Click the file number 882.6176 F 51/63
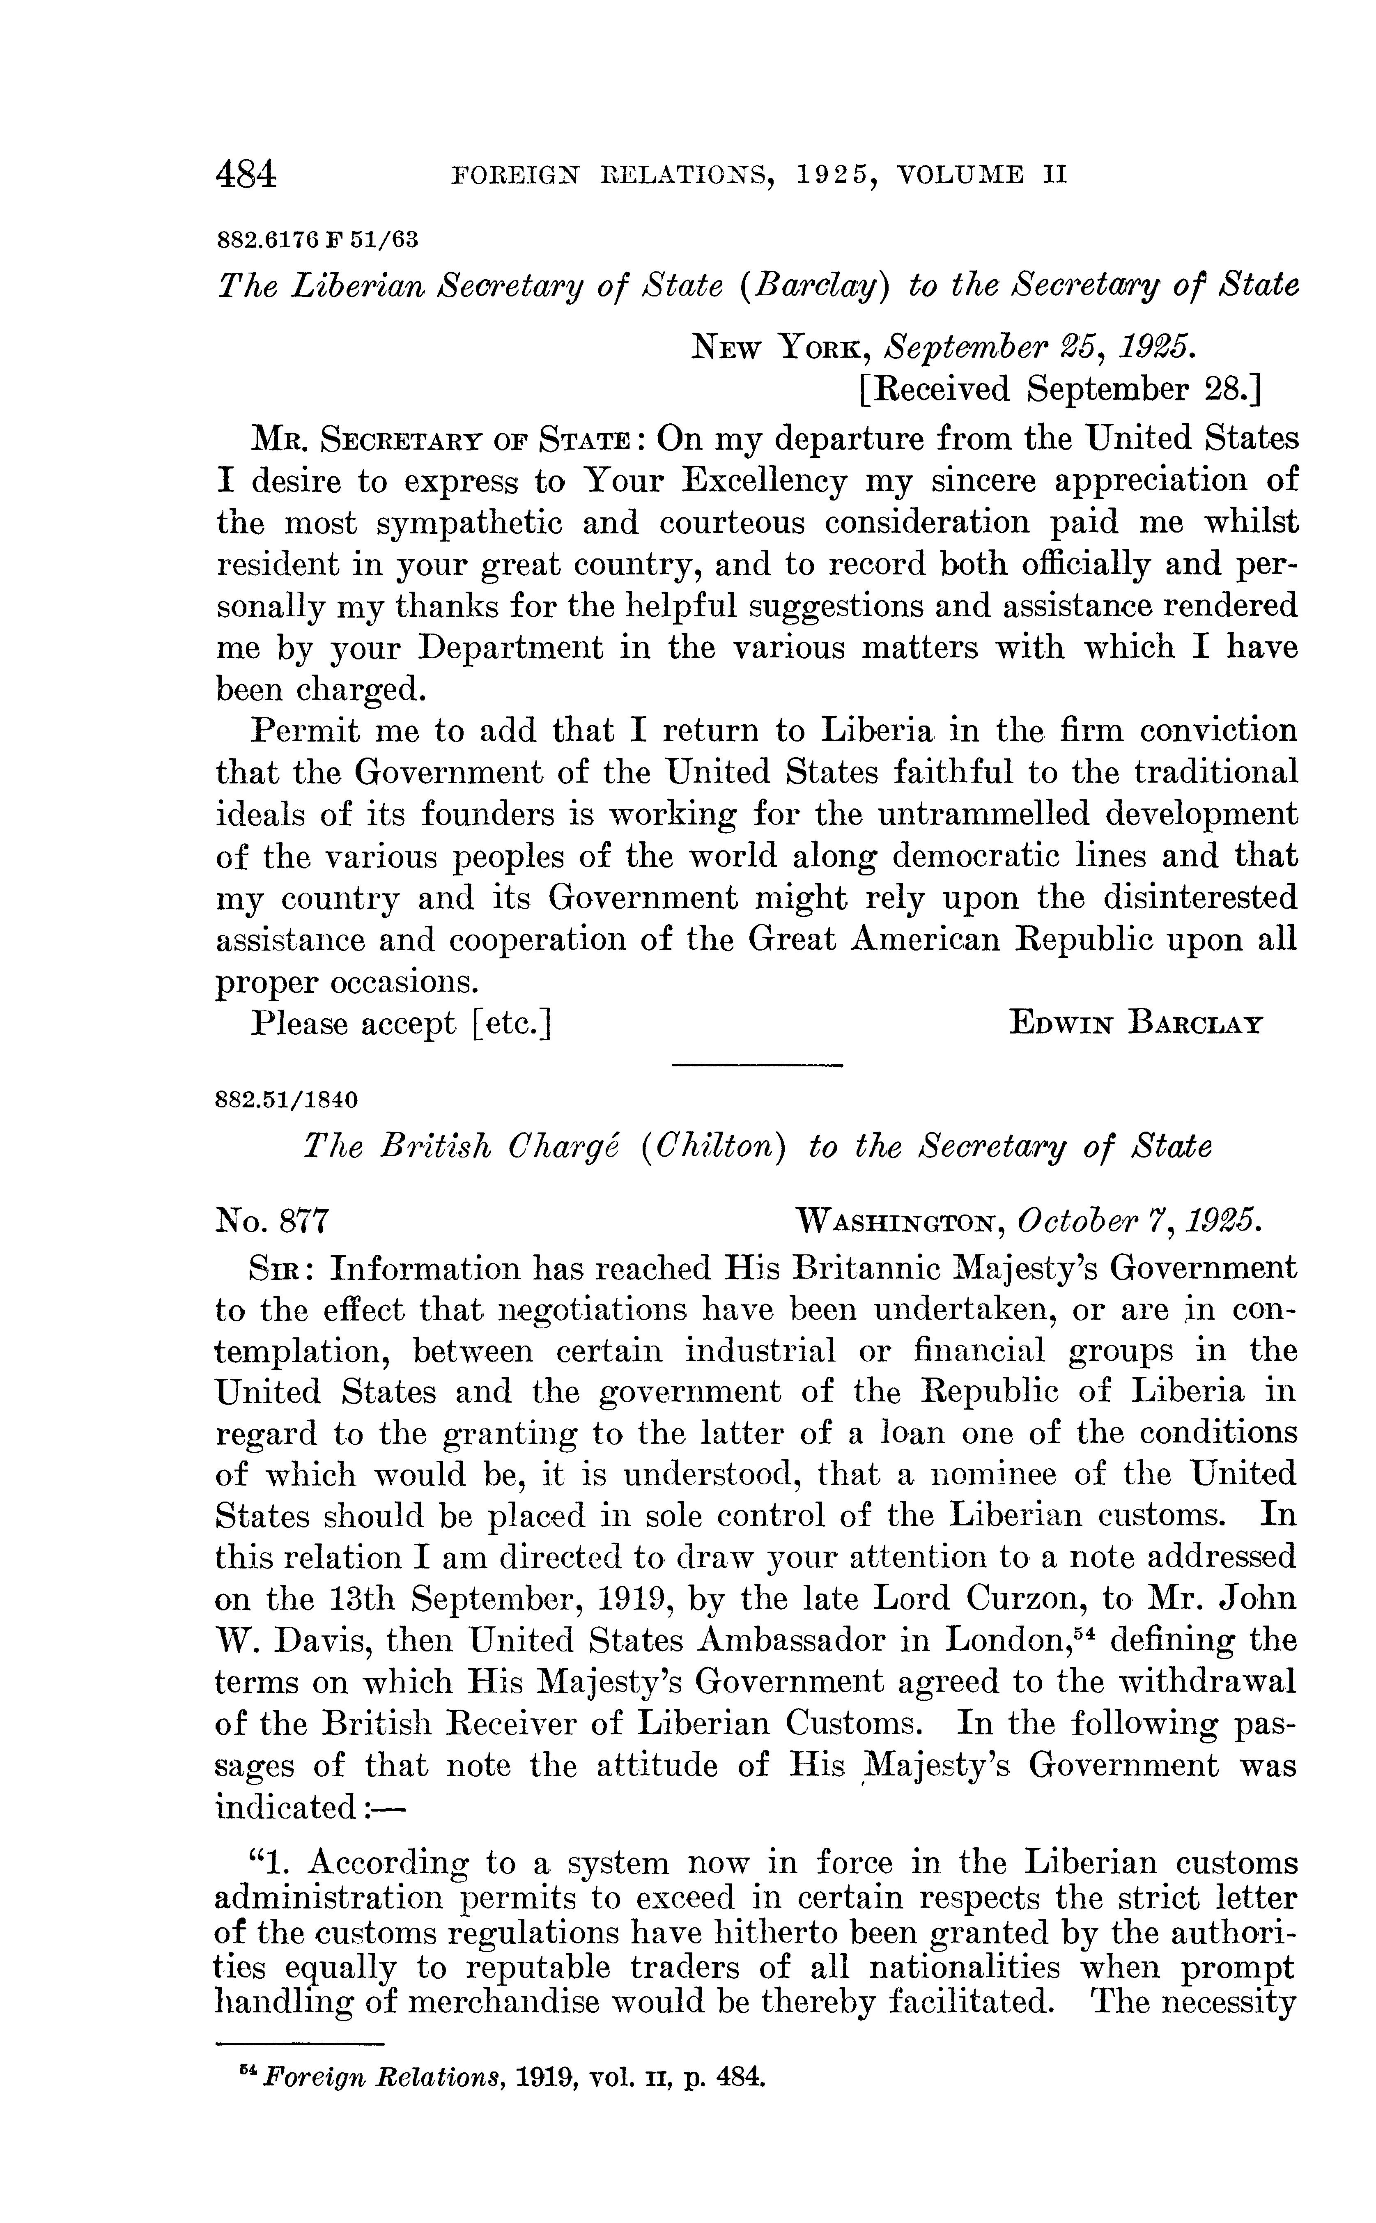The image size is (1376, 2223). tap(317, 240)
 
